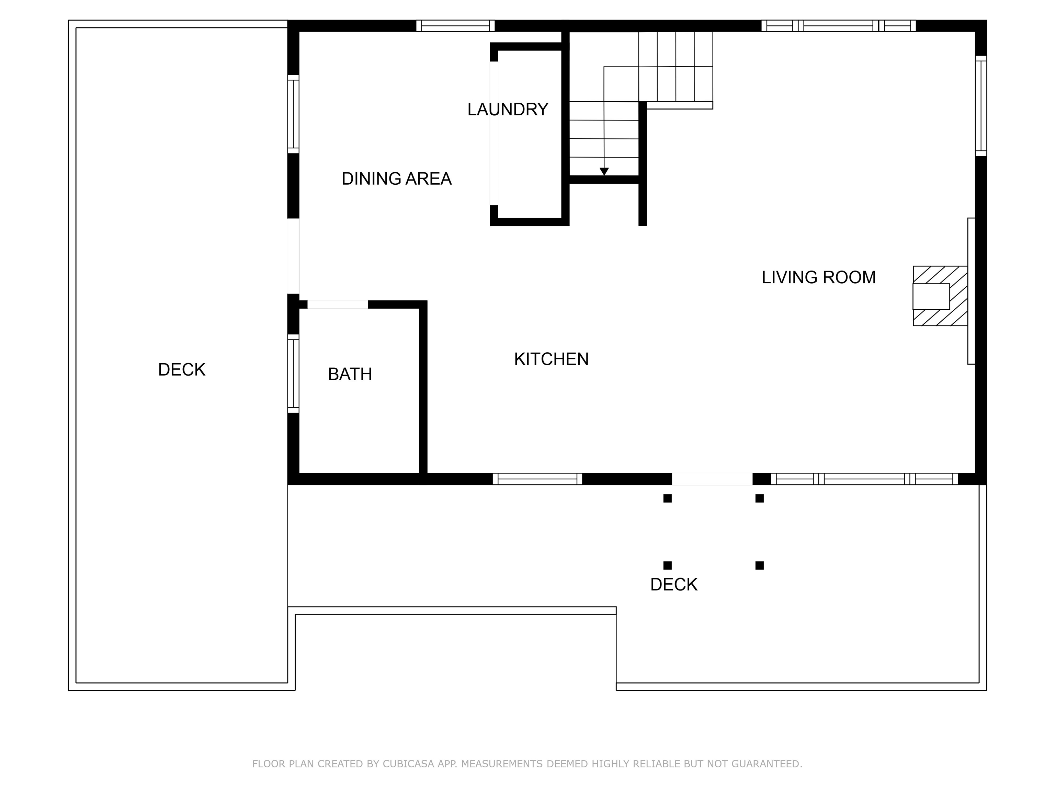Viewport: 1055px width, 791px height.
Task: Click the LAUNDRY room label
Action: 508,110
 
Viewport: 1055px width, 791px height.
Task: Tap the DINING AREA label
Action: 396,179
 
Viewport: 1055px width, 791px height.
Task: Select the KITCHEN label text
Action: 551,359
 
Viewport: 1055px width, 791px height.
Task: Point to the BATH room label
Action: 350,374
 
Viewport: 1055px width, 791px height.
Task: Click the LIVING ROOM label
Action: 818,277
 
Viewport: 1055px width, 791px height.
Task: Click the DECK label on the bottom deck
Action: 673,585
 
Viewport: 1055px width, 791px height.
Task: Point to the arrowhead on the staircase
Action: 604,172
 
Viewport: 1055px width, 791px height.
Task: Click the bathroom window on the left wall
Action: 293,373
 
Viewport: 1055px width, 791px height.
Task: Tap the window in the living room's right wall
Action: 980,106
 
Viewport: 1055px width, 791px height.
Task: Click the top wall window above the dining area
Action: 455,26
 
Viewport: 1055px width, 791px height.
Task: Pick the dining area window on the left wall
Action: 293,114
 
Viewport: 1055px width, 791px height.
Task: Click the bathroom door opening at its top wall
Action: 337,304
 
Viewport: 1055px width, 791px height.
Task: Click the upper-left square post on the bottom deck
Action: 667,498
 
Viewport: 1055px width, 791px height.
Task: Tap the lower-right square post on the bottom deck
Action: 759,565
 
